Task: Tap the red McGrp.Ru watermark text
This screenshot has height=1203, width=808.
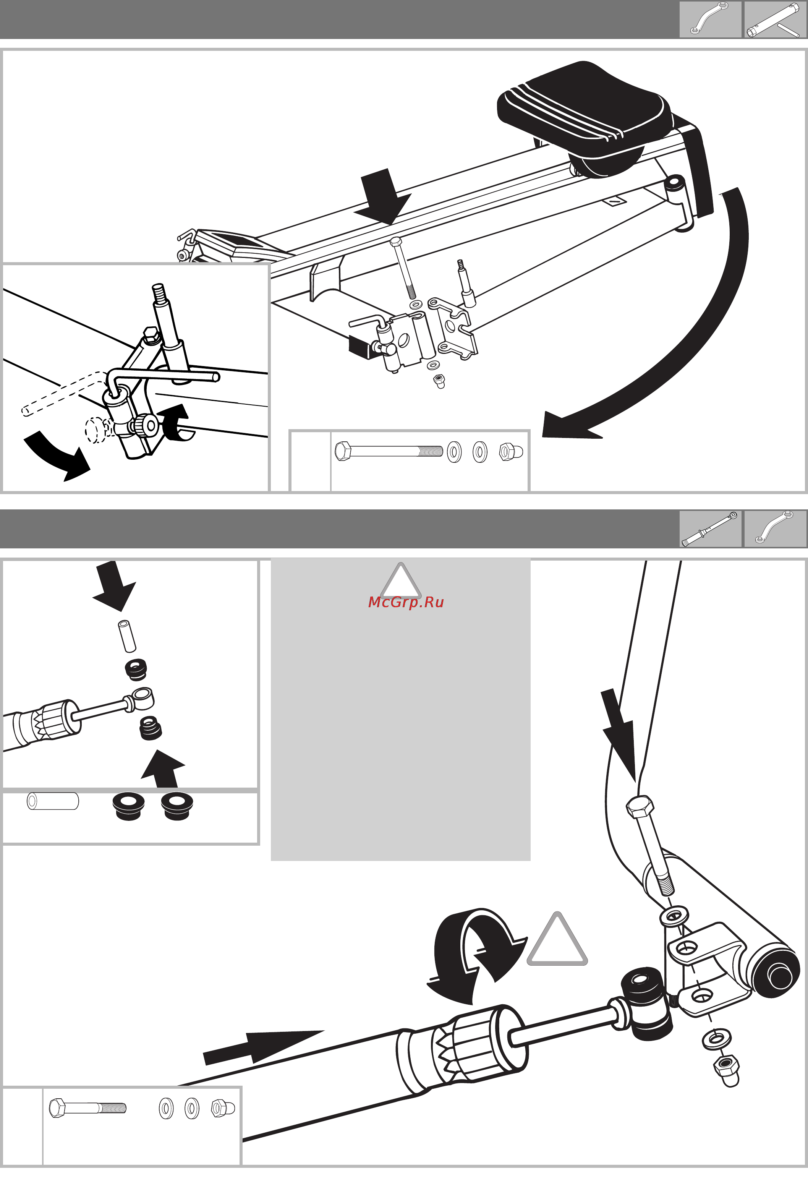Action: tap(406, 602)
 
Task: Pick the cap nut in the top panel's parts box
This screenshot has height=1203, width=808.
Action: tap(511, 452)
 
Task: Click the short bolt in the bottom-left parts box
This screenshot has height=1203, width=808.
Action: tap(87, 1107)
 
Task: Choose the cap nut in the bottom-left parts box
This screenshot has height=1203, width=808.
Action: tap(223, 1108)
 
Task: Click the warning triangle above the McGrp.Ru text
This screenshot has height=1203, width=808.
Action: tap(400, 581)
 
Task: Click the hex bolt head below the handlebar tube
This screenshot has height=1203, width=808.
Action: tap(640, 807)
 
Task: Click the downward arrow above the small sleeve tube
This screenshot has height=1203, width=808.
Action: tap(114, 586)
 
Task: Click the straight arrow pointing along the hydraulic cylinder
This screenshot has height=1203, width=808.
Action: tap(263, 1046)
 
